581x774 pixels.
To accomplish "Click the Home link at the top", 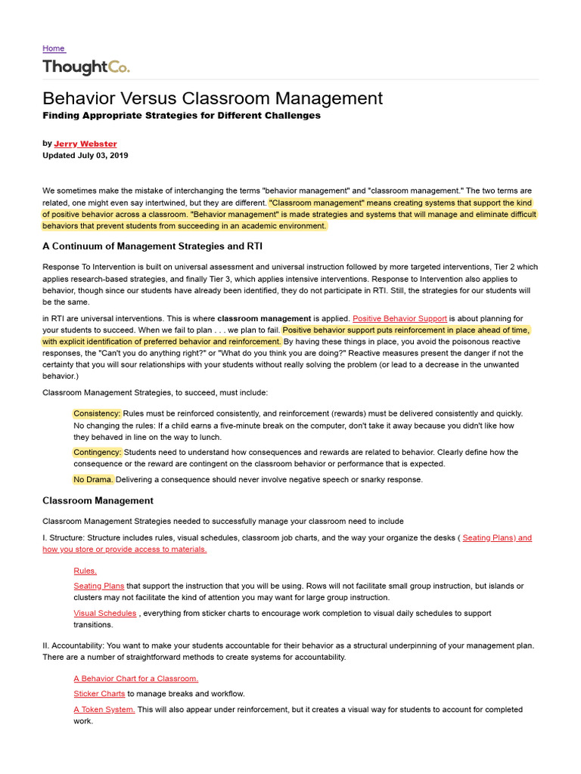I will click(x=54, y=48).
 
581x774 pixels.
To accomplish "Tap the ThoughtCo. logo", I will click(x=86, y=67).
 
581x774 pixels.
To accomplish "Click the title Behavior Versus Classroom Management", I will click(x=213, y=98).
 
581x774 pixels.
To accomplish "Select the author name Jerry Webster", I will click(x=85, y=144).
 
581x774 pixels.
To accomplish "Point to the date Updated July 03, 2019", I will click(x=85, y=156).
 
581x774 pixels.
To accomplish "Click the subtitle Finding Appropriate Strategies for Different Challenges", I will click(x=182, y=116).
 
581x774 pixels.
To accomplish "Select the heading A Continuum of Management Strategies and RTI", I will click(x=153, y=246).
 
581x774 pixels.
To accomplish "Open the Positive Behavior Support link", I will click(x=400, y=318).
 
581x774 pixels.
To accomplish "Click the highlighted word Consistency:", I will click(x=97, y=413).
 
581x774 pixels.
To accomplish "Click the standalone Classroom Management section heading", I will click(x=98, y=500).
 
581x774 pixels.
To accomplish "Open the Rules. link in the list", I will click(x=85, y=571).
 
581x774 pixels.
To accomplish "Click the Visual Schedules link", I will click(x=105, y=613).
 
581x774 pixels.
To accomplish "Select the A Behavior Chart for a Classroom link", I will click(x=136, y=679).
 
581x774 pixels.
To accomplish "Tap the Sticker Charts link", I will click(x=99, y=694).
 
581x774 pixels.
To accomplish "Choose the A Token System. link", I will click(x=104, y=709).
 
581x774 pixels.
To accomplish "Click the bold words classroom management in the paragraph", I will click(x=264, y=318).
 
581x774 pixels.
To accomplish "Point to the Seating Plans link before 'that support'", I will click(x=99, y=586).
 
